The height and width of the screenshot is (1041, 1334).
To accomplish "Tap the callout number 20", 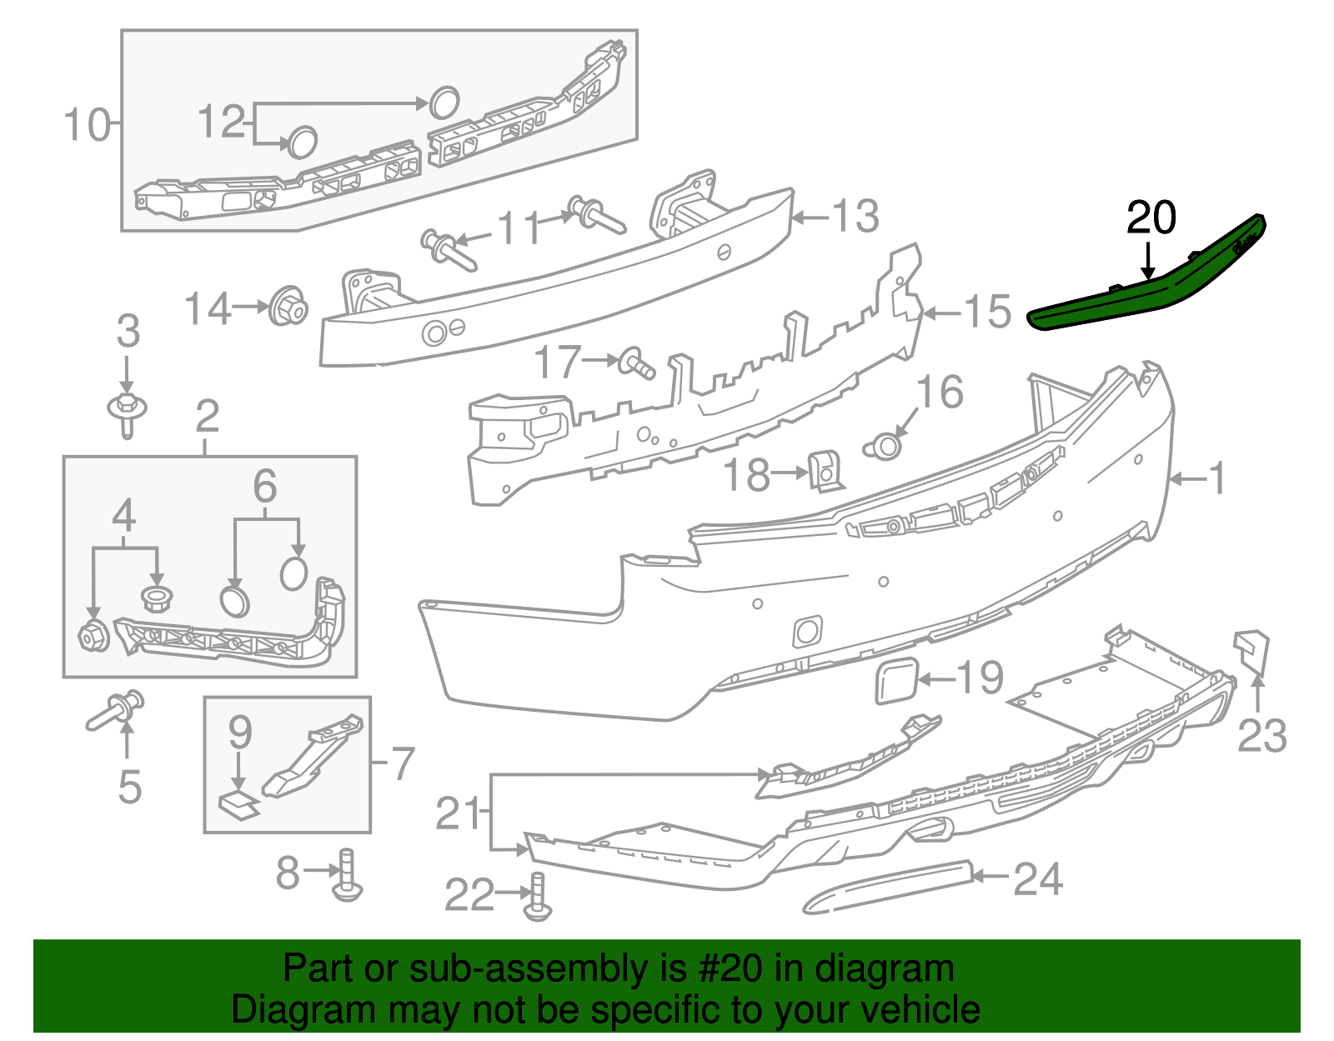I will click(1151, 218).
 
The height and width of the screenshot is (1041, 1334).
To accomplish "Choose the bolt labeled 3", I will click(127, 413).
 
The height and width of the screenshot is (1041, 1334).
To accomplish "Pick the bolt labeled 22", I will click(538, 898).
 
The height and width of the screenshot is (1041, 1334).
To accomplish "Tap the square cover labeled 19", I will click(896, 680).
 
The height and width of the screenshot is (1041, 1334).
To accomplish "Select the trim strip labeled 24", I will click(888, 886).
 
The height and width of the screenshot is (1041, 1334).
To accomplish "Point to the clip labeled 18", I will click(825, 472).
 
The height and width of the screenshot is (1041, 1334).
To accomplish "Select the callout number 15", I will click(988, 312).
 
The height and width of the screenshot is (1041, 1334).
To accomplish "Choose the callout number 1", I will click(1217, 478).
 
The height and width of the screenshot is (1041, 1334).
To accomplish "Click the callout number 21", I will click(459, 813).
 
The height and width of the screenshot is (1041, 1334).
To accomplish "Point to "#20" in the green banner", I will click(725, 969).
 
